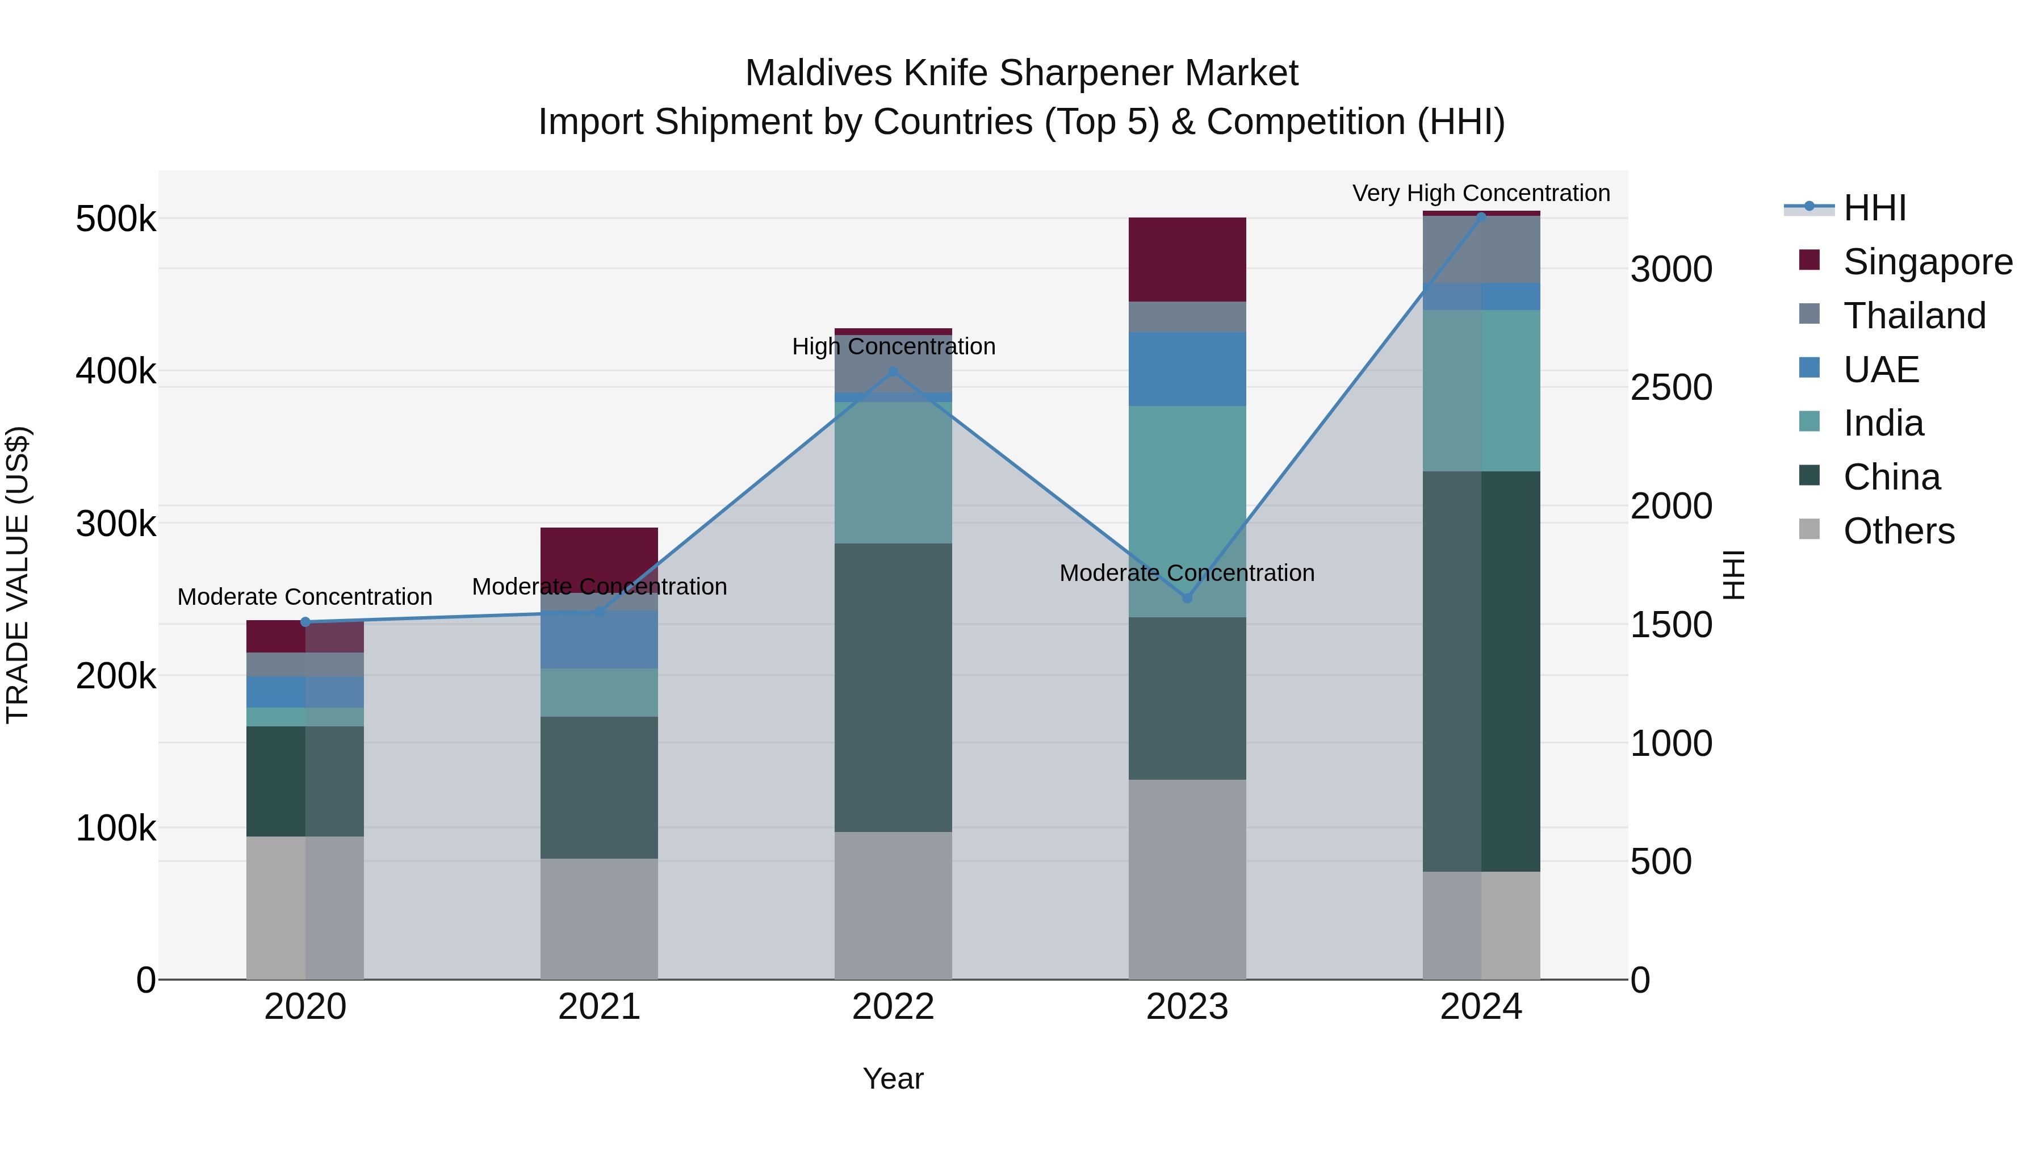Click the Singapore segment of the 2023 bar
coord(1187,259)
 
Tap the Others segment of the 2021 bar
coord(599,918)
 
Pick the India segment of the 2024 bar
coord(1481,391)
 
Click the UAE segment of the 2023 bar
coord(1187,369)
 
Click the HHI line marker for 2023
coord(1187,597)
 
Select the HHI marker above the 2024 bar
coord(1481,216)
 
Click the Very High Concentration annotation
coord(1481,193)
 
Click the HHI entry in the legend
coord(1874,208)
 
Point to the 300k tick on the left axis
coord(115,523)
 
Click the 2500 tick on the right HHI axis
coord(1671,387)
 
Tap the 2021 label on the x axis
coord(599,1006)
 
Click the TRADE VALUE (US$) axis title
coord(18,575)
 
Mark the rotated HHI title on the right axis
coord(1735,575)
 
